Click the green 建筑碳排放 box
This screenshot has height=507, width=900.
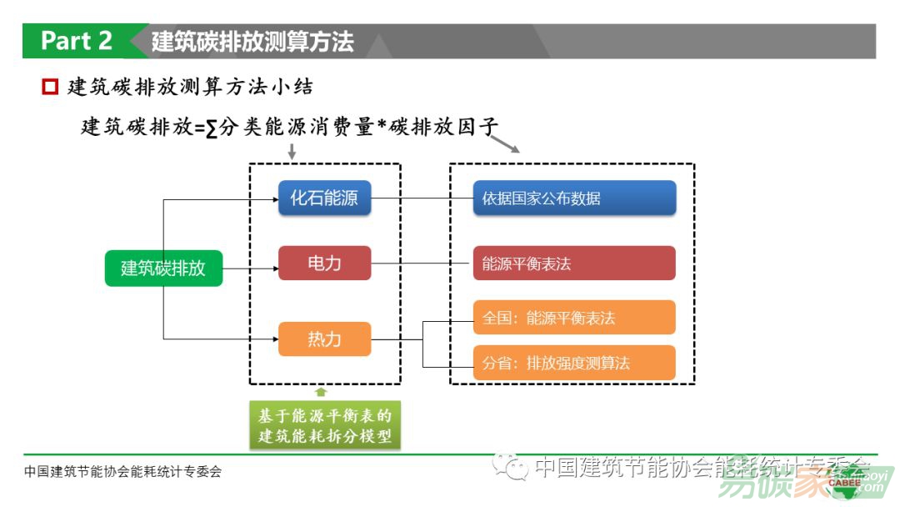pos(163,269)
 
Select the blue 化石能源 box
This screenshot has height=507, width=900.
pos(324,198)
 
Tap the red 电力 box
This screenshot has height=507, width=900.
pos(324,264)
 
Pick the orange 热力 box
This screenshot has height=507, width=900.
pos(324,339)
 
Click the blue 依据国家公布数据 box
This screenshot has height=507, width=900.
pos(574,198)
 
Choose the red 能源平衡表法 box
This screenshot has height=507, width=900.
pos(574,264)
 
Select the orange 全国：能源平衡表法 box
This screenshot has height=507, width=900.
pos(574,318)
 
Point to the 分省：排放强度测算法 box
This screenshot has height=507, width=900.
pos(574,363)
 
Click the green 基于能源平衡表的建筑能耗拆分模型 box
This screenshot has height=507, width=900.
pos(324,424)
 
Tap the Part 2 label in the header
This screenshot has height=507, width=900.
pos(76,41)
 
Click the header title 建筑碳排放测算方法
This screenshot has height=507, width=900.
pos(252,42)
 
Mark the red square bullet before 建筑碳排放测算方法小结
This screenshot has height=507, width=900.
pos(50,86)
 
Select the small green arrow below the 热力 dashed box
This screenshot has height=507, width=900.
pos(321,391)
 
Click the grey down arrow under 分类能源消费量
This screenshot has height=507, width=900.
pos(291,152)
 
